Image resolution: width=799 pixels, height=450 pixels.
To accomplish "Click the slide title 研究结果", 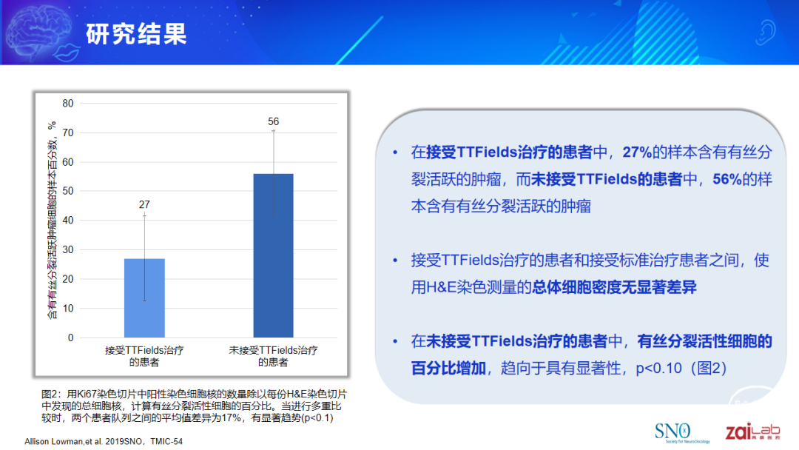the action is point(136,34).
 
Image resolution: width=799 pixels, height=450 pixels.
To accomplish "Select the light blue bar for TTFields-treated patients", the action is point(144,298).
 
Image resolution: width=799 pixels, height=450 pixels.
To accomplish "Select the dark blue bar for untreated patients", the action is point(273,255).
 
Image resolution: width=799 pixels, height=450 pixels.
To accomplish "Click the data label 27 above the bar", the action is point(144,204).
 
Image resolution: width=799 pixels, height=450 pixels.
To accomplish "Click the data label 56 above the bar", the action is point(273,121).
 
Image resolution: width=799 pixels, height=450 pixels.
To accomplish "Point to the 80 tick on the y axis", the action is point(68,104).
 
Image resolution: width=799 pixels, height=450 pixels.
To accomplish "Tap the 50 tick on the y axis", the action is point(68,191).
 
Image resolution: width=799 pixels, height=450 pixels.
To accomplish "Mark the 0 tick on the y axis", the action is point(71,337).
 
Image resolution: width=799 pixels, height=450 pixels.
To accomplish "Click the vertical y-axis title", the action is point(52,220).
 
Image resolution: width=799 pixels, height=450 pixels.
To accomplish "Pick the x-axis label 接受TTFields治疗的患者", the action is point(144,356).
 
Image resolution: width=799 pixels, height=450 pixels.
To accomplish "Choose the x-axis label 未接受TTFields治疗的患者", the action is point(273,356).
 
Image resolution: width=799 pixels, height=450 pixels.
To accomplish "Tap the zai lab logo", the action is point(752,431).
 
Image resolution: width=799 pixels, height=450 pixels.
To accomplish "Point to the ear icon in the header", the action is point(765,33).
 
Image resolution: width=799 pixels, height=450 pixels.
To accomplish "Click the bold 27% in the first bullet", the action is point(637,152).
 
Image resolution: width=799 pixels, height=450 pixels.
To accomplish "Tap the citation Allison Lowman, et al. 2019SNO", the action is point(84,441).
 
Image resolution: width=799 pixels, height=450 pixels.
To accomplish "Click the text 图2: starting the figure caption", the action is point(51,394).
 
